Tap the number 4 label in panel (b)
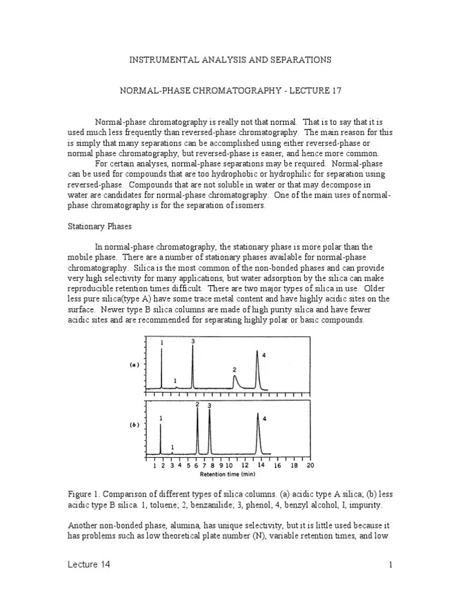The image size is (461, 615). [x=264, y=419]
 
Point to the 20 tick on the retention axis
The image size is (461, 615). [x=310, y=465]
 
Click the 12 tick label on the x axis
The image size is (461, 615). [x=244, y=465]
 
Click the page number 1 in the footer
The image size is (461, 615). [x=390, y=565]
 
